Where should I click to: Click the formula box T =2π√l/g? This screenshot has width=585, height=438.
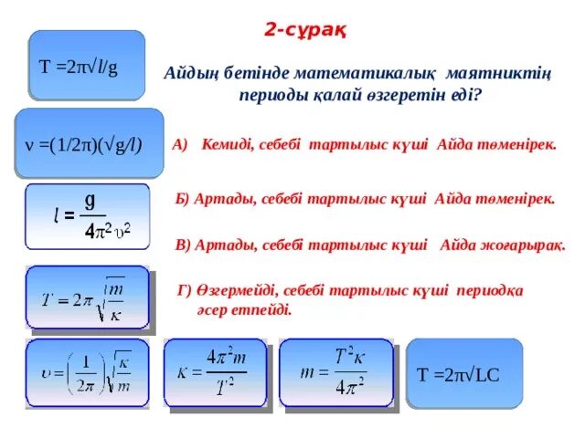pos(87,66)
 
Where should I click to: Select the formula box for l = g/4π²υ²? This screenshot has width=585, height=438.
pos(87,216)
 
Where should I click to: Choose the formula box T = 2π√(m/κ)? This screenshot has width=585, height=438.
pos(87,297)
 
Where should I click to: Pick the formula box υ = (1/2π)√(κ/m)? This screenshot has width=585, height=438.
pos(87,374)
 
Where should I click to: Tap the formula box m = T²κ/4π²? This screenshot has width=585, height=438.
pos(333,373)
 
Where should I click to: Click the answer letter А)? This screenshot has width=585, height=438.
pos(179,145)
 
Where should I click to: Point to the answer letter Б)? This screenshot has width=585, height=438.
pos(181,197)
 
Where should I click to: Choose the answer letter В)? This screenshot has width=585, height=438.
pos(181,244)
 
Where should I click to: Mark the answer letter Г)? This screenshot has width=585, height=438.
pos(183,290)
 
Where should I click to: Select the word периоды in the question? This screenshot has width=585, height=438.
pos(271,94)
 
